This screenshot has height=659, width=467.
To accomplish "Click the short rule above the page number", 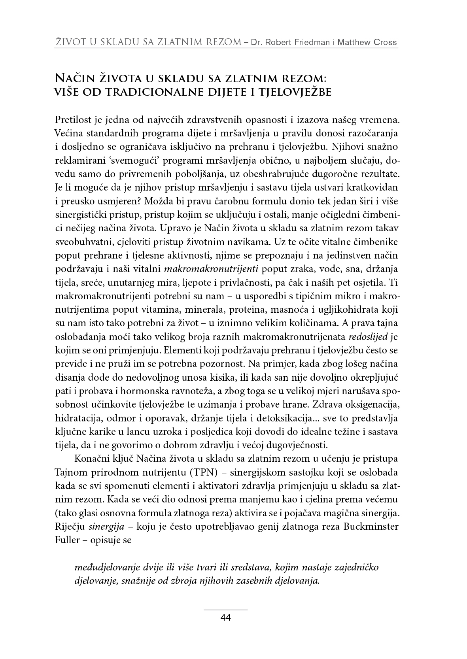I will point(225,610).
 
